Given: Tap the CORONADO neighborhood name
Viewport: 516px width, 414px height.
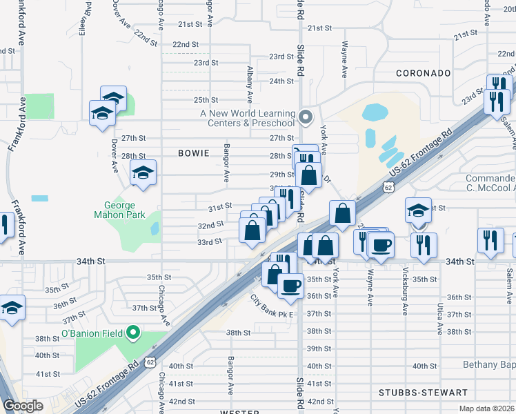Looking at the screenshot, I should coord(423,73).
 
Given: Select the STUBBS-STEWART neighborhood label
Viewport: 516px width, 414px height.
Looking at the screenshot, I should coord(422,393).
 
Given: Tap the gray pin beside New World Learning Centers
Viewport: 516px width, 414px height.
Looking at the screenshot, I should coord(306,116).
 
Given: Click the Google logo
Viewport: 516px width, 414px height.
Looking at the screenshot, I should coord(23,406).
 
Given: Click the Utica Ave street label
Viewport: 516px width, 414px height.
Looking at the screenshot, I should coord(439,318).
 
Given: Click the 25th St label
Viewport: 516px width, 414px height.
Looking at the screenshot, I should coord(206,100).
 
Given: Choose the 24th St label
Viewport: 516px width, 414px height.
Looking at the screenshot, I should coord(281,81).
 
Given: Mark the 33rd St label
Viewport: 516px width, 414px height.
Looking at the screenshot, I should coord(209,241).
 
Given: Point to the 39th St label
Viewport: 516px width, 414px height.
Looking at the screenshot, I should coord(319,348).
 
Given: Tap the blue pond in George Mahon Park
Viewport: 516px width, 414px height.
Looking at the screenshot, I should coord(154,228).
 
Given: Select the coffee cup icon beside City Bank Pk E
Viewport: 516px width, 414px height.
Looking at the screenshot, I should coord(290,285).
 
